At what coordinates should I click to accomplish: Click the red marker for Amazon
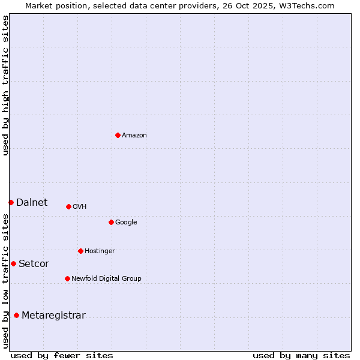click(118, 135)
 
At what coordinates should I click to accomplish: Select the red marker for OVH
click(68, 206)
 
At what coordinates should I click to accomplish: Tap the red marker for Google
click(111, 222)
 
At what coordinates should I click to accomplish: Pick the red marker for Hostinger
click(80, 251)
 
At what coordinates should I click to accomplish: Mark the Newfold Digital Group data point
click(67, 278)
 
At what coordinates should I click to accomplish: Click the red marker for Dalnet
click(11, 202)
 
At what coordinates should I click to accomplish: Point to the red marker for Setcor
click(13, 263)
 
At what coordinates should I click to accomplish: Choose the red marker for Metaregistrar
click(16, 315)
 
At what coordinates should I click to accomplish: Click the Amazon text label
click(134, 136)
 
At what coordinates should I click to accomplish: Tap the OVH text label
click(80, 207)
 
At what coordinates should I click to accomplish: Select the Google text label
click(126, 223)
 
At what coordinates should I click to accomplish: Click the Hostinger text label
click(100, 251)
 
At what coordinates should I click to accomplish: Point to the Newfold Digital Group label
click(106, 279)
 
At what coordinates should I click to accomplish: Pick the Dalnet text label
click(32, 203)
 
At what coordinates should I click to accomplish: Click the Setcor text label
click(34, 264)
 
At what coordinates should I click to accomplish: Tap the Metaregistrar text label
click(53, 316)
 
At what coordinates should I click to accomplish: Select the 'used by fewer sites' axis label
click(62, 355)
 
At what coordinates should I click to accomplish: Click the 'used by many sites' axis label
click(301, 355)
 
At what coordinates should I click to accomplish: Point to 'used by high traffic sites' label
click(5, 85)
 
